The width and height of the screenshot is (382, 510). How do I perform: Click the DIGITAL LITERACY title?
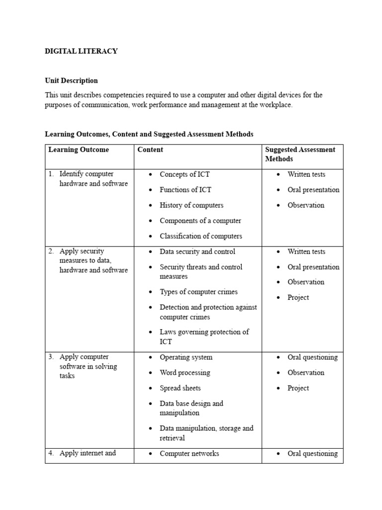pos(81,51)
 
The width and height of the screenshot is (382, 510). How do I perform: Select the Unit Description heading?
pos(71,81)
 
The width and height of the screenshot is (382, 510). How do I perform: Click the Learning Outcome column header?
pos(79,149)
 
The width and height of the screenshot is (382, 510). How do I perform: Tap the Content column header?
pos(150,149)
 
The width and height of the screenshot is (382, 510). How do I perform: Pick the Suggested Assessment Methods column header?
pos(300,154)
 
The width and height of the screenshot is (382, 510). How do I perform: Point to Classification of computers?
pos(201,236)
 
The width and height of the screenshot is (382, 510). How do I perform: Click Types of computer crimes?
pos(198,292)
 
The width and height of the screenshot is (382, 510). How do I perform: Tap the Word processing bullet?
pos(185,373)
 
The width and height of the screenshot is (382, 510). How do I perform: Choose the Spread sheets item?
pos(180,388)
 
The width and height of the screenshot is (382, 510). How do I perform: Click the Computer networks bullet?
pos(189,453)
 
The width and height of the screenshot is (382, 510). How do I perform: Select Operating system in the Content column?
pos(186,357)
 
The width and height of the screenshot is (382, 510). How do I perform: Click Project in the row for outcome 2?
pos(298,297)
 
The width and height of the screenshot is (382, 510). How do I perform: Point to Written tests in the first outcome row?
pos(306,174)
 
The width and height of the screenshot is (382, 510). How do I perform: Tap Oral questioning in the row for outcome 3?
pos(312,357)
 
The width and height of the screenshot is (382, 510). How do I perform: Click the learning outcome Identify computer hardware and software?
pos(93,179)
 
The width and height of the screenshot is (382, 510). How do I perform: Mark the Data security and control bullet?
pos(197,252)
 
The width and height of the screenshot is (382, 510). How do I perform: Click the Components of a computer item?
pos(200,221)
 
